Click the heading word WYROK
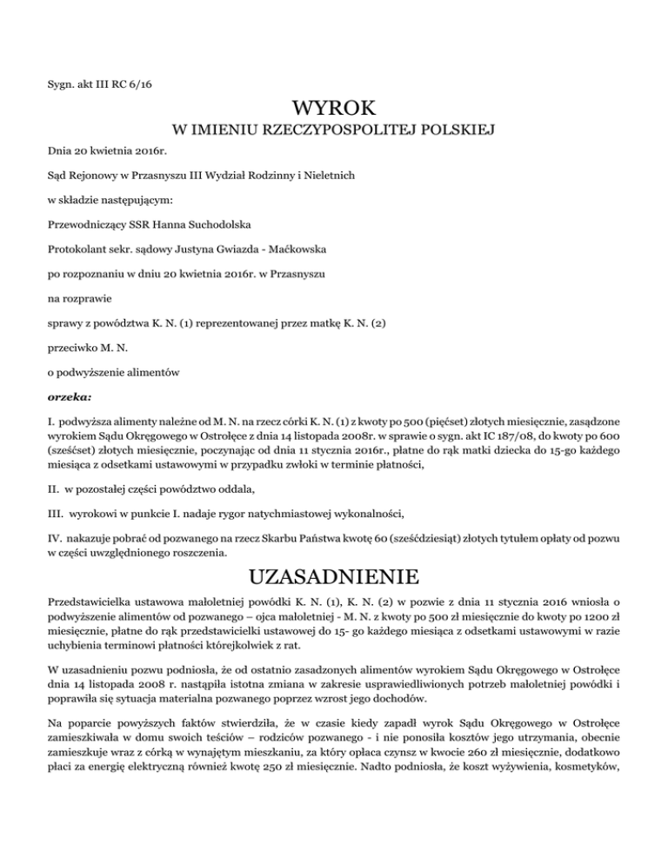click(x=335, y=110)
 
